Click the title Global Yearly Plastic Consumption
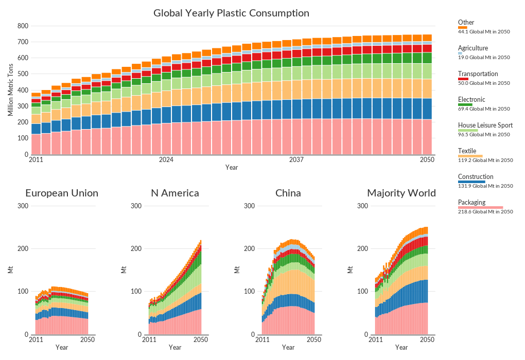[231, 13]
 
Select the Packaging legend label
[471, 203]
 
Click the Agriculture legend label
[472, 48]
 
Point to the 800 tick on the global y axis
[22, 26]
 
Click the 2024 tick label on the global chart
[166, 160]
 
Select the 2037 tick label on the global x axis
[297, 160]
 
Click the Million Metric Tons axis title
[11, 90]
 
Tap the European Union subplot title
[62, 193]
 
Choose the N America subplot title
[175, 193]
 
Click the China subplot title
[288, 193]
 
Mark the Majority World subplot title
[401, 193]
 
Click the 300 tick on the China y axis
[249, 206]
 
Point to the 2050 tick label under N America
[201, 340]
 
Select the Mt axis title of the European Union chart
[11, 269]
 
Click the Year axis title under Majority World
[401, 348]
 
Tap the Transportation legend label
[478, 74]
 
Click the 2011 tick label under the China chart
[262, 340]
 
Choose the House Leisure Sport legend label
[485, 125]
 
